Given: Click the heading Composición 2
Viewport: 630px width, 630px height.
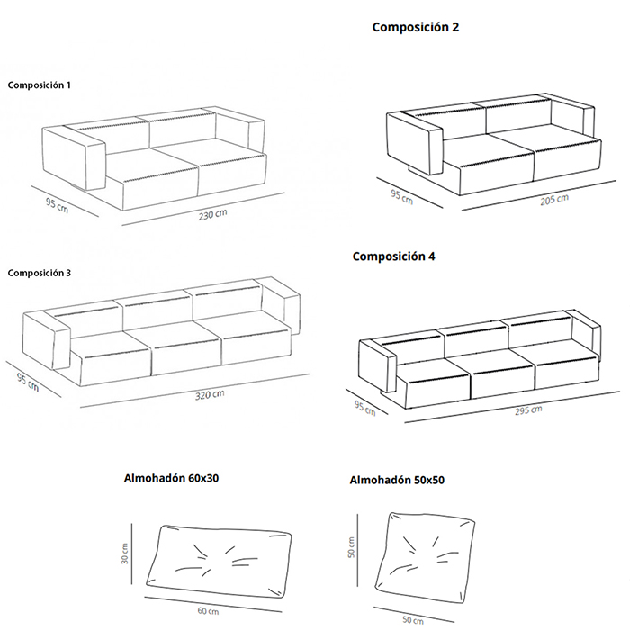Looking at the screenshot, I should pyautogui.click(x=416, y=28).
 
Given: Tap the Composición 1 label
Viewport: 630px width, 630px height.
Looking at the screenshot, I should pyautogui.click(x=39, y=85).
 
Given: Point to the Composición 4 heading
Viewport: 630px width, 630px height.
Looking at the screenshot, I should pyautogui.click(x=394, y=256).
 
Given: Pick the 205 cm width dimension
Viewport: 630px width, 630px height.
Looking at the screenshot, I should pyautogui.click(x=555, y=200).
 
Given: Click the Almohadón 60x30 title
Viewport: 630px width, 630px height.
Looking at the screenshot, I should pyautogui.click(x=171, y=478).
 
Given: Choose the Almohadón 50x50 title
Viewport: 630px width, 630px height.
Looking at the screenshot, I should pyautogui.click(x=396, y=480).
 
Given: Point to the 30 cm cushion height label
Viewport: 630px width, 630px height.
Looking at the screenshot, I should pyautogui.click(x=127, y=553).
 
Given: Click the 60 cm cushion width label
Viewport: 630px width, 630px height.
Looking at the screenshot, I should pyautogui.click(x=208, y=611).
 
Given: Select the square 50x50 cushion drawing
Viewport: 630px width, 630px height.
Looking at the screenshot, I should pyautogui.click(x=425, y=555).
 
